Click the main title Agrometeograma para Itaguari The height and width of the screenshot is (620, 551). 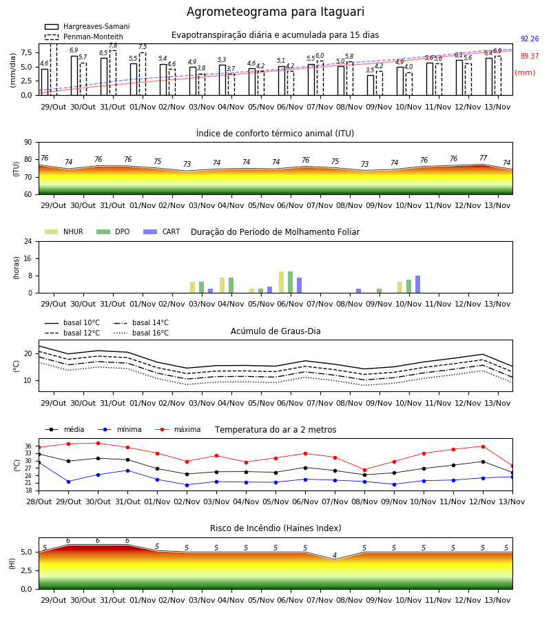click(275, 12)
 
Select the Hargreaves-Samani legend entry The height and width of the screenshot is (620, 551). click(87, 26)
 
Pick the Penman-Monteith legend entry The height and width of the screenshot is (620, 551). click(84, 37)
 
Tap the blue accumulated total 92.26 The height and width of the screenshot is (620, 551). click(530, 39)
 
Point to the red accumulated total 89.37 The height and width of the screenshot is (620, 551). click(530, 56)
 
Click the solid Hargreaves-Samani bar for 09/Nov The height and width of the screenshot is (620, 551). click(371, 85)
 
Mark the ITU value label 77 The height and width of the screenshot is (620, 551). click(483, 158)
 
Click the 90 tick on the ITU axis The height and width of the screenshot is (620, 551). click(28, 143)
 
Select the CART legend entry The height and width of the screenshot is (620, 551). click(162, 231)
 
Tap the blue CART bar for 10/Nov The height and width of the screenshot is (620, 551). click(417, 285)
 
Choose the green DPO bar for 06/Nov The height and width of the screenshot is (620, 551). click(290, 282)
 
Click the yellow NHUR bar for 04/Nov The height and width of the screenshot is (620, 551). click(222, 285)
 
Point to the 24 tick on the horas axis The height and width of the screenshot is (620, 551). click(28, 242)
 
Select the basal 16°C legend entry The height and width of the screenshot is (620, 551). click(141, 333)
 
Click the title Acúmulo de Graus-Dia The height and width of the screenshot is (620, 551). click(275, 331)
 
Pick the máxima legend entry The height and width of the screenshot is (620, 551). click(178, 429)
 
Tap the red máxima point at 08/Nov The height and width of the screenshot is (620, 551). click(364, 470)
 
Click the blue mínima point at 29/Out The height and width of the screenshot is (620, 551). click(68, 482)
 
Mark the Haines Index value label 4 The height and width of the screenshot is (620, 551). click(335, 555)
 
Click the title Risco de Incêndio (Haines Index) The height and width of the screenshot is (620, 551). click(275, 528)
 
